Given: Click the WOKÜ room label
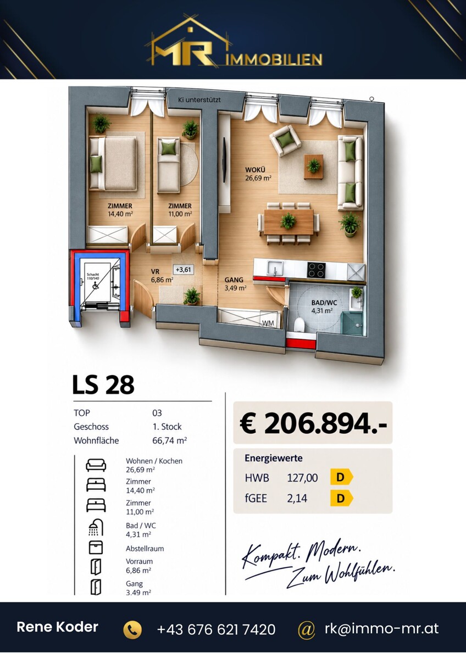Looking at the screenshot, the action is [255, 170].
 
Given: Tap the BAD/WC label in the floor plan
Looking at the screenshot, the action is [324, 303].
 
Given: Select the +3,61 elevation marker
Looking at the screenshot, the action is [183, 270].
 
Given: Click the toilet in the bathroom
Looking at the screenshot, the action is [299, 324].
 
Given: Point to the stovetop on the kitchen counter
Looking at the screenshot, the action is [317, 270].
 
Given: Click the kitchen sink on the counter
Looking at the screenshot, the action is [275, 269].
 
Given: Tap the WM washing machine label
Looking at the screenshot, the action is [268, 323].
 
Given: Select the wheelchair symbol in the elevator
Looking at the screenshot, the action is [95, 285].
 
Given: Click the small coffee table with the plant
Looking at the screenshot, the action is [314, 166].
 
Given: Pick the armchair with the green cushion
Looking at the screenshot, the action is [285, 141].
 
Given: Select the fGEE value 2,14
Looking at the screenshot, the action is [297, 498].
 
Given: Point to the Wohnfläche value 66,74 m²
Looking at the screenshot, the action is [170, 440].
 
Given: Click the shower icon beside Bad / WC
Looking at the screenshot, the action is [96, 528].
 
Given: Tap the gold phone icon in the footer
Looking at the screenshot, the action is [132, 629].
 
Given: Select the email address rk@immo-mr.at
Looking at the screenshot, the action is [381, 628].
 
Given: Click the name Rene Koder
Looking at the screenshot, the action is [57, 627].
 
